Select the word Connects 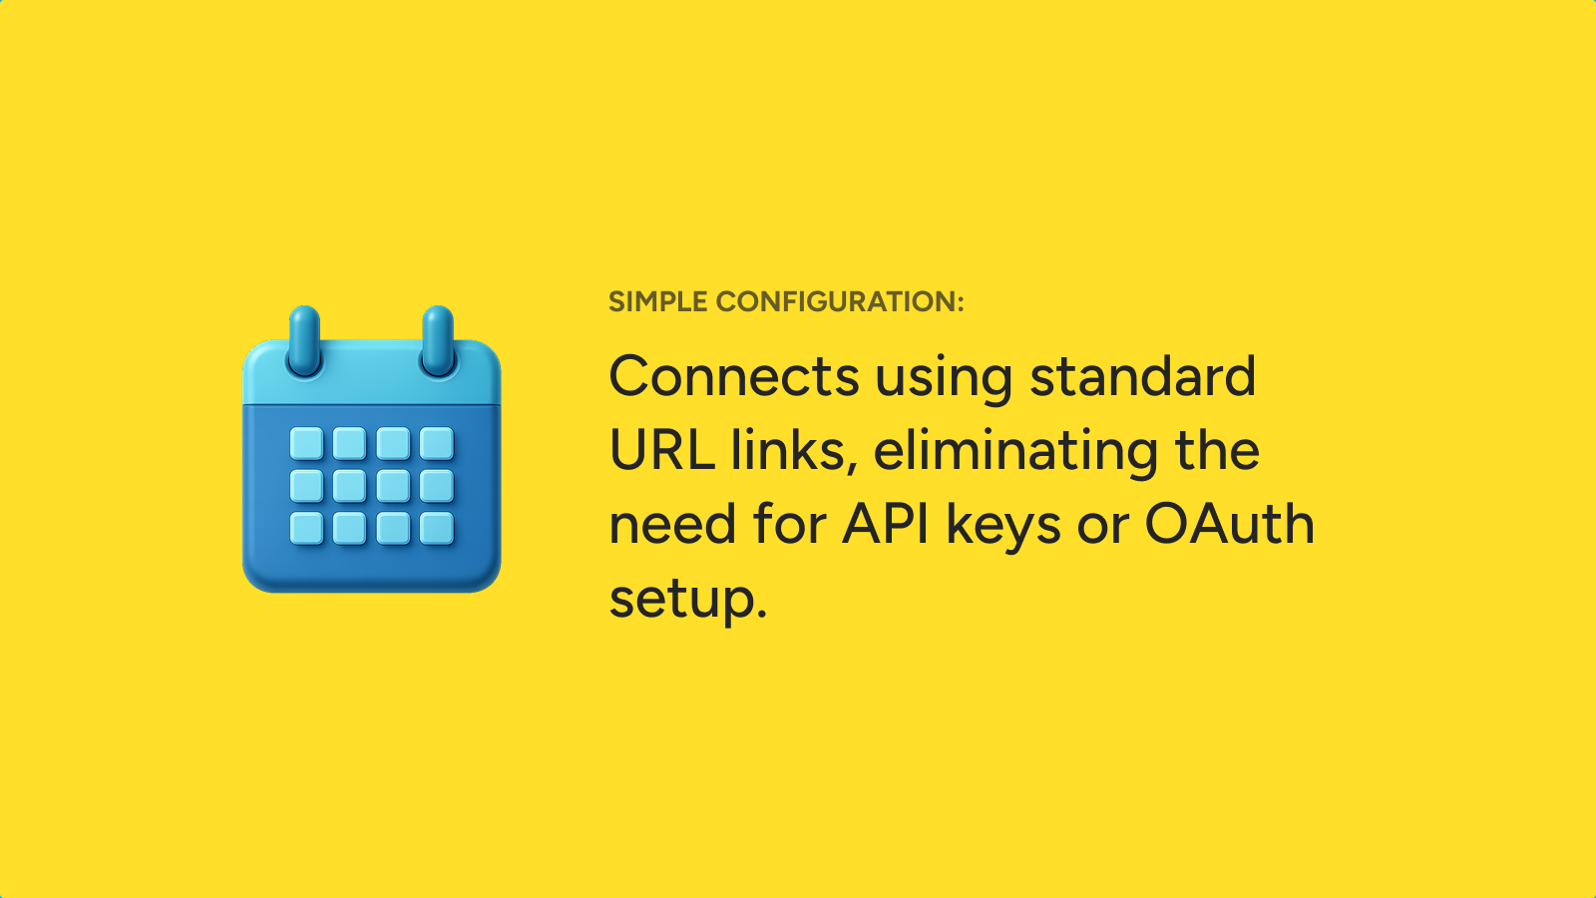(x=734, y=376)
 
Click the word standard (x=1143, y=375)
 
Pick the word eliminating (x=1015, y=452)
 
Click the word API (x=886, y=525)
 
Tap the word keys (x=1003, y=528)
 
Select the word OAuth (x=1229, y=524)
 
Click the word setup (x=687, y=600)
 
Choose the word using (x=944, y=378)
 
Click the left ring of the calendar (x=304, y=340)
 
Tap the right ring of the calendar (x=438, y=340)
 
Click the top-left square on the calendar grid (x=306, y=443)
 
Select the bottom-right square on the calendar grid (x=437, y=528)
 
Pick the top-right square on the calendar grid (x=437, y=443)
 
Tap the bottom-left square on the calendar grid (x=306, y=528)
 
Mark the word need (x=672, y=525)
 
